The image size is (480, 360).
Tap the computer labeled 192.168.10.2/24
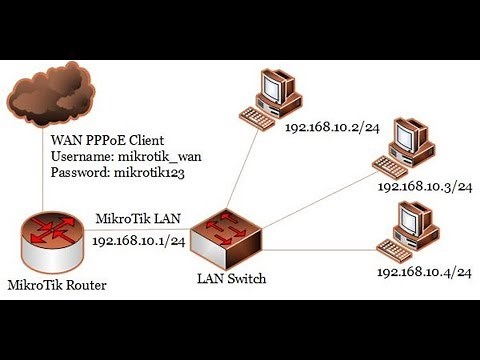pos(271,94)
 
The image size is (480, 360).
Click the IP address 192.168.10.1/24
pos(138,240)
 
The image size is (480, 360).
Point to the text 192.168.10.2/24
pos(332,128)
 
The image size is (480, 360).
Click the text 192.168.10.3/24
pos(423,187)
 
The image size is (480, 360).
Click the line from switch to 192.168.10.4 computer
pos(320,249)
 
